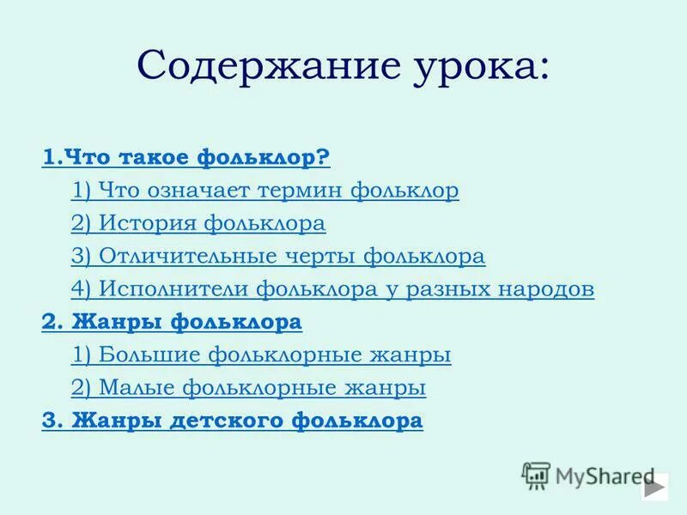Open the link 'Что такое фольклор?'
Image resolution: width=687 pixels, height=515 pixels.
[x=185, y=158]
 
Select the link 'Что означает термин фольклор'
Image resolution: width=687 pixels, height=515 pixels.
[x=264, y=191]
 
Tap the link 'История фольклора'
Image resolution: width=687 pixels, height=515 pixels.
[x=198, y=224]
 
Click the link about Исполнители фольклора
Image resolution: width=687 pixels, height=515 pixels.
[x=332, y=289]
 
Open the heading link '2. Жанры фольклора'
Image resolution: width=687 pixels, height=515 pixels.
[x=172, y=323]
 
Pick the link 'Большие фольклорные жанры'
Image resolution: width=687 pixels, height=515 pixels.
[x=261, y=354]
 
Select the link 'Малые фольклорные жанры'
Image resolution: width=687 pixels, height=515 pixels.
[x=248, y=387]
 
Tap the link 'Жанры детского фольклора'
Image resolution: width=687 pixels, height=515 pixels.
[x=232, y=421]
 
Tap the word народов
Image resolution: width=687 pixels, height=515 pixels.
[x=548, y=289]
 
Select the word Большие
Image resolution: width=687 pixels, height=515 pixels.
[x=141, y=354]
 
